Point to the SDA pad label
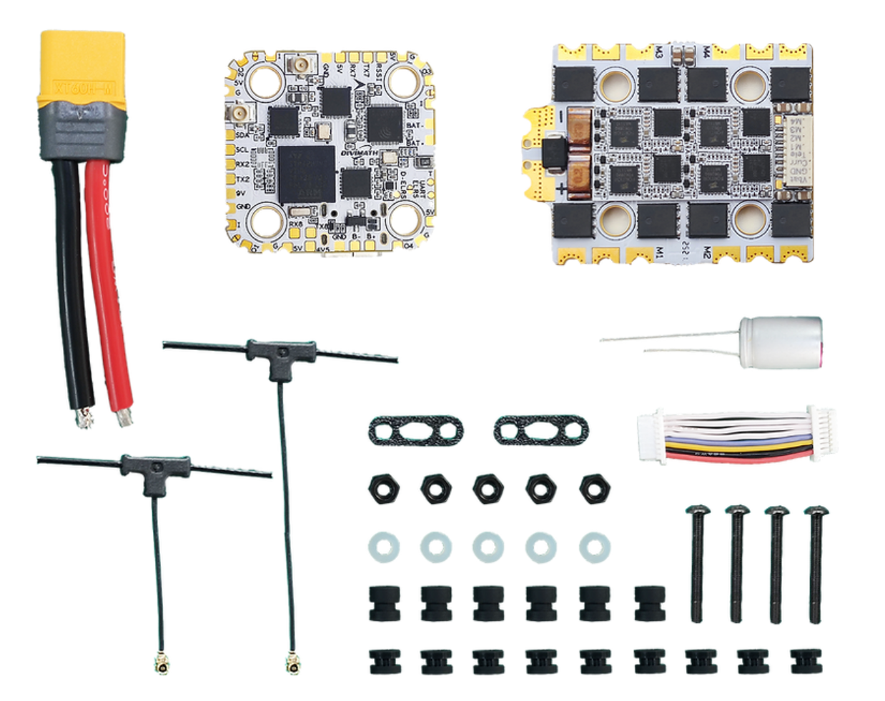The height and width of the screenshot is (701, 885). point(242,135)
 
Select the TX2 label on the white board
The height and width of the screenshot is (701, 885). point(242,179)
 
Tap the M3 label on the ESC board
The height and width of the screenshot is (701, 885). point(658,52)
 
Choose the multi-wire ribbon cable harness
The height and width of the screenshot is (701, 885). point(736,436)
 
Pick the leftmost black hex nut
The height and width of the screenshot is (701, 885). point(383,489)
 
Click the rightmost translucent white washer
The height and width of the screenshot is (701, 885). point(593,548)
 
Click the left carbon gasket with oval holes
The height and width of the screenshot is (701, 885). point(415,431)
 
